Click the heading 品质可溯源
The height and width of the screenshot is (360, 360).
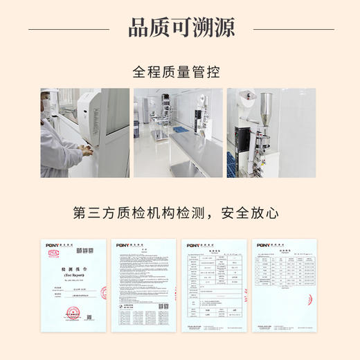[x=181, y=28]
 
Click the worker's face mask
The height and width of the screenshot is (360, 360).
[x=46, y=106]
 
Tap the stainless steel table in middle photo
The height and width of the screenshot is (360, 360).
[x=194, y=149]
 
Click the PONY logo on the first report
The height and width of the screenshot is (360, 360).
[x=54, y=245]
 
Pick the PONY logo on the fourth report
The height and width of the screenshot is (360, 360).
[x=263, y=245]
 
